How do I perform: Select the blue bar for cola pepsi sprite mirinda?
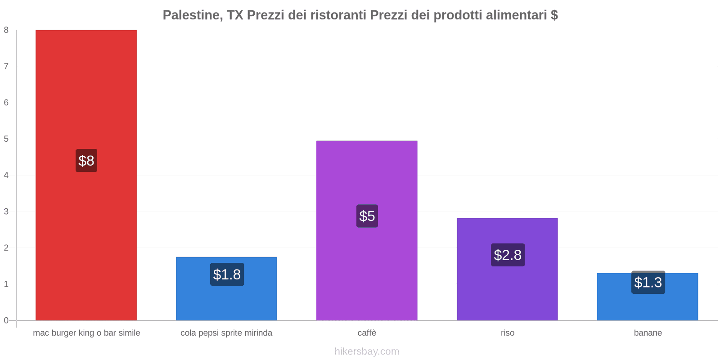(x=226, y=301)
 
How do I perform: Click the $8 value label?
(x=86, y=161)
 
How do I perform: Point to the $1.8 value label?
(x=227, y=274)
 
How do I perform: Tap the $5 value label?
(x=367, y=216)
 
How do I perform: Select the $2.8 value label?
(x=508, y=255)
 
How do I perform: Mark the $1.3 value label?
(x=648, y=283)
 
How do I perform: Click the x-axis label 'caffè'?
(x=367, y=333)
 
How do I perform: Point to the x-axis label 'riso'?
(x=507, y=333)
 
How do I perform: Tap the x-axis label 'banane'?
(x=648, y=333)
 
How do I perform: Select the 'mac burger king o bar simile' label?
(x=86, y=333)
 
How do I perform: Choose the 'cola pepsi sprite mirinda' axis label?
(x=226, y=333)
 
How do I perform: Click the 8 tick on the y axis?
(x=6, y=30)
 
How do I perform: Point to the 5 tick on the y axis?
(x=6, y=139)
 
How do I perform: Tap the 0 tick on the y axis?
(x=6, y=320)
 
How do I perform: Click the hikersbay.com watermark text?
(x=367, y=351)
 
